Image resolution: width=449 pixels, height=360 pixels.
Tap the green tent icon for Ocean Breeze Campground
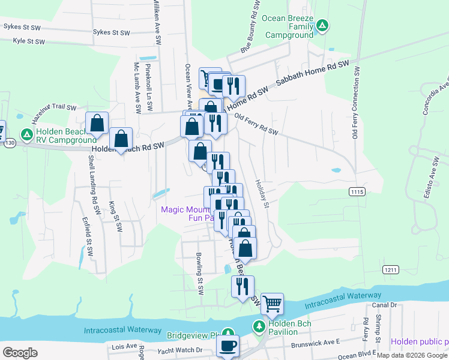322,25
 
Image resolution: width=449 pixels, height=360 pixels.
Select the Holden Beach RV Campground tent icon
26,133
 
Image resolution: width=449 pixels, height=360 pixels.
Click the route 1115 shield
357,191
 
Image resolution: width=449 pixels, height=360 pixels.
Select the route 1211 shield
391,270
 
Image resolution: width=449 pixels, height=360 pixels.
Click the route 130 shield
8,143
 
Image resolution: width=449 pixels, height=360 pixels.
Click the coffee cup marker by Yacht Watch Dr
228,346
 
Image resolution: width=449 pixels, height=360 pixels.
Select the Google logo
20,353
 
